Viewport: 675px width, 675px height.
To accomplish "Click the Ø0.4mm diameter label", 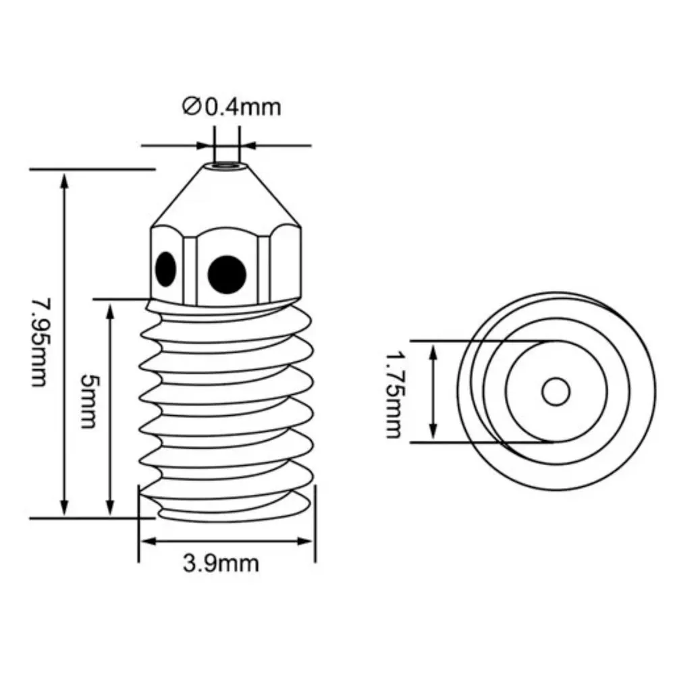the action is click(x=232, y=107).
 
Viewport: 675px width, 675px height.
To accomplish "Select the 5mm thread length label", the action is click(x=90, y=401).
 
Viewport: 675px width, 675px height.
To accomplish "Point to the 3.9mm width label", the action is click(x=221, y=563).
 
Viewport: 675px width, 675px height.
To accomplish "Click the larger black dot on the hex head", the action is click(x=227, y=275).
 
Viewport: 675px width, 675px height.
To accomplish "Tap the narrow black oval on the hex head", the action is click(x=166, y=269).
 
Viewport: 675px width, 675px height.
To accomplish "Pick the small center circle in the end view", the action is click(x=556, y=391).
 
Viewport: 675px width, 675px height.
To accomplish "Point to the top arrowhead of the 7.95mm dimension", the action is click(x=64, y=180).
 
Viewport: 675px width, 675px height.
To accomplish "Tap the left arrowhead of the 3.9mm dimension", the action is click(x=148, y=541).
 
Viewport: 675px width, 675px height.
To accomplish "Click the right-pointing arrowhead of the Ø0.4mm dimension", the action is click(x=205, y=145).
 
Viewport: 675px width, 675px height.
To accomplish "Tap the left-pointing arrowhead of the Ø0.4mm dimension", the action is click(x=248, y=145).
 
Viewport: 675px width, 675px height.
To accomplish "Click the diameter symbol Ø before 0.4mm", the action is click(x=191, y=107).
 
